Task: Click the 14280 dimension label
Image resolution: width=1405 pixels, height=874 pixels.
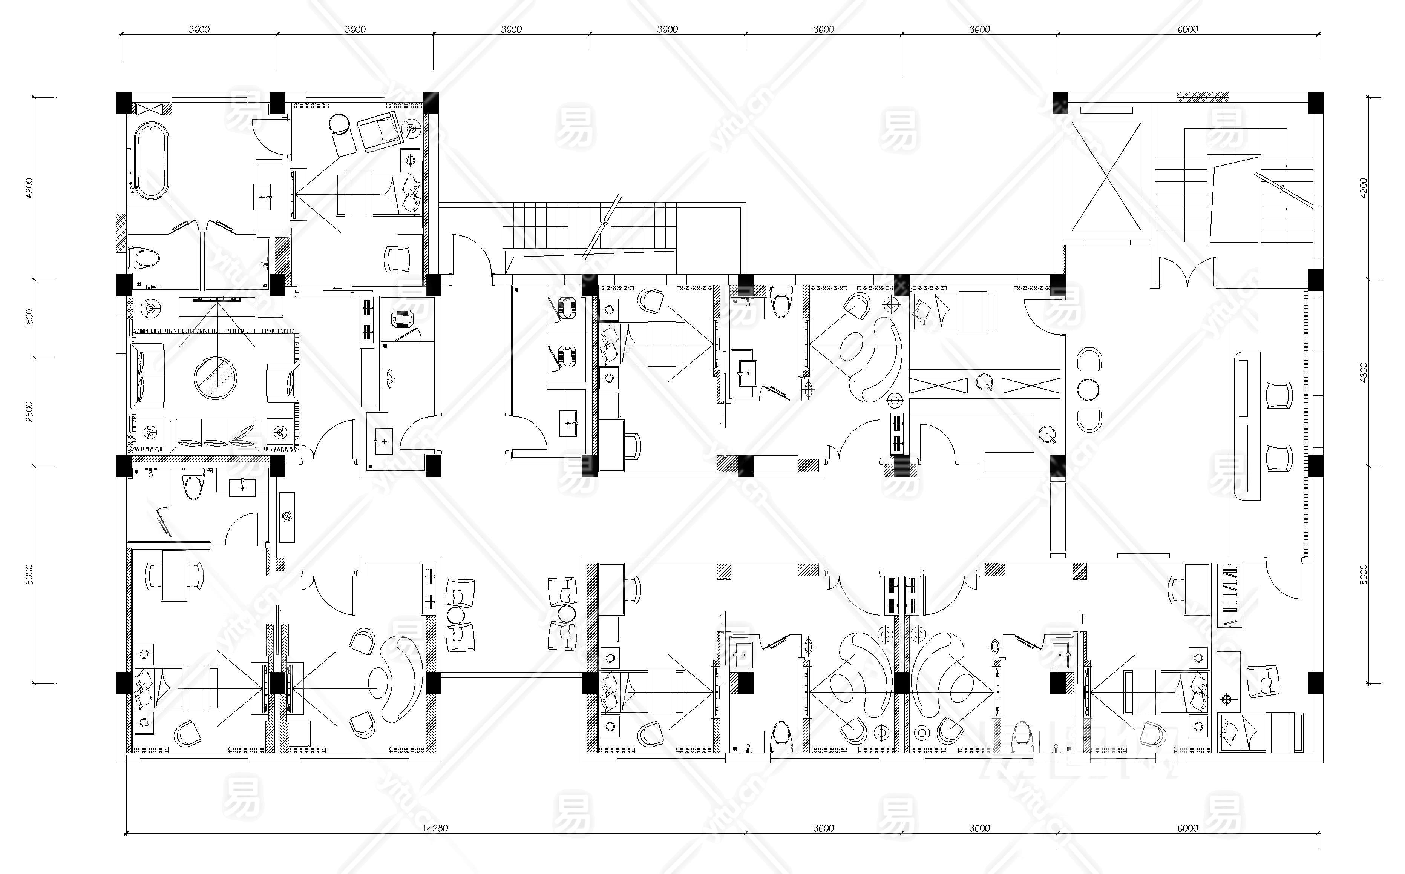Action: pos(434,828)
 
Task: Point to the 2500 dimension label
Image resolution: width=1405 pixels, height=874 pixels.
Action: pos(29,411)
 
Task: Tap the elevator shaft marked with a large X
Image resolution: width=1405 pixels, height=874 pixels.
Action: pos(1106,176)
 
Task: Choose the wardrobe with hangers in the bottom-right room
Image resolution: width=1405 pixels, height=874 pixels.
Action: pos(1229,595)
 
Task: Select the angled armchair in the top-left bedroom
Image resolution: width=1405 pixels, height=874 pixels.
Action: pos(379,132)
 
